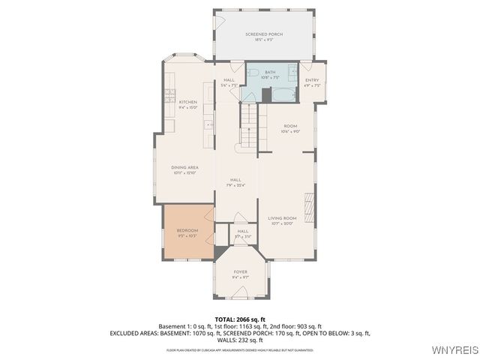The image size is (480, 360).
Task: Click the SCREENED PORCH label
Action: [263, 34]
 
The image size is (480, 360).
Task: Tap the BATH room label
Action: [270, 72]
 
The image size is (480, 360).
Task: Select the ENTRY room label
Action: [312, 80]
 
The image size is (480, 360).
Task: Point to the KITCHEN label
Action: [187, 102]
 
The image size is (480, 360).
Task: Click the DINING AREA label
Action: [184, 168]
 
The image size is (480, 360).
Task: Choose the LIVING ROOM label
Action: [283, 218]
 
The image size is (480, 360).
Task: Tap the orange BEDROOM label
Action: [187, 230]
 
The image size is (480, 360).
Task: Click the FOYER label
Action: [240, 272]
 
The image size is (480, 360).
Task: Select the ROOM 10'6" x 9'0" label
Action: [290, 127]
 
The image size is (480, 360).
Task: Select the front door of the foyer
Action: [240, 299]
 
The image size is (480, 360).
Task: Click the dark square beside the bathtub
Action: [266, 95]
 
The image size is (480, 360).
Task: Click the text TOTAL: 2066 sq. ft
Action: [240, 319]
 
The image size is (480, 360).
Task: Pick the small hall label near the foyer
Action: [243, 232]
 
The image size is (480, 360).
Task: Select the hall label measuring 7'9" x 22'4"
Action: [235, 180]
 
